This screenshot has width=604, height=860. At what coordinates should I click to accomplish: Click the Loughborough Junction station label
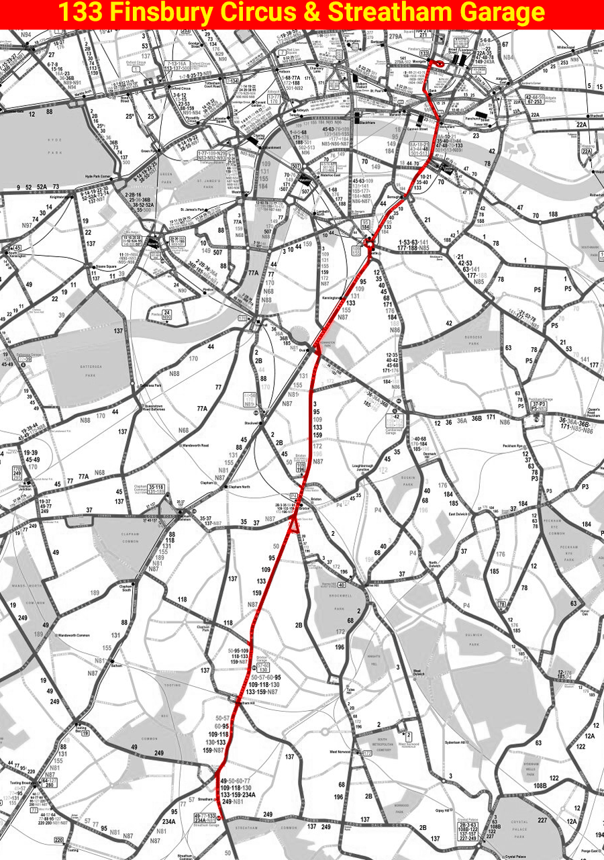click(366, 467)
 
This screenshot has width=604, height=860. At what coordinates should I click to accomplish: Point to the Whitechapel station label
click(566, 48)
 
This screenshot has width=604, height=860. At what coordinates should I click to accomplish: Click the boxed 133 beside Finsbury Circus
click(425, 52)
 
